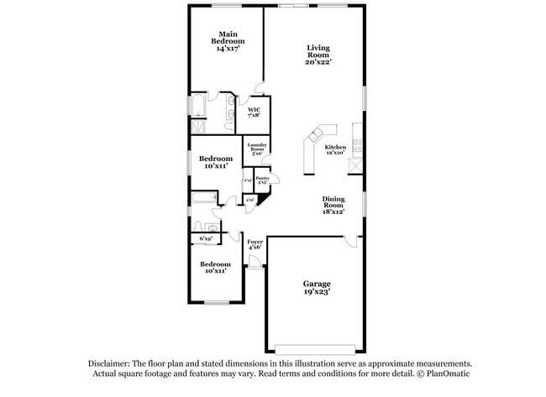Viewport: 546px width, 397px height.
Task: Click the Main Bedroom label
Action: [x=227, y=41]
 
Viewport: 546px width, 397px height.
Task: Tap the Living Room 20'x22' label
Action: [x=318, y=55]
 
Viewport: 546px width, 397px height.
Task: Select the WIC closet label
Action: [x=253, y=112]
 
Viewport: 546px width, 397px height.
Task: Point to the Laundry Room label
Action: [x=256, y=149]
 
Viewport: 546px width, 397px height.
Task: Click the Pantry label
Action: [x=262, y=179]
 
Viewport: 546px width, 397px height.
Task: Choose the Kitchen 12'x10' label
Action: [x=335, y=149]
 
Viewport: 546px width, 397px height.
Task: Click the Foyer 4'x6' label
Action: [x=255, y=244]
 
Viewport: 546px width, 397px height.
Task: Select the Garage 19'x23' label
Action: [x=317, y=288]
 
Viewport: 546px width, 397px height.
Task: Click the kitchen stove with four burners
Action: [x=358, y=144]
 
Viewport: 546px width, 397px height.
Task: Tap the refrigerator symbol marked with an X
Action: [x=358, y=165]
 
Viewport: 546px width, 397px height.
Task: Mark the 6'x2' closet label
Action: [x=206, y=239]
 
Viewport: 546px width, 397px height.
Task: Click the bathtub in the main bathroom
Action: [x=197, y=107]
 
